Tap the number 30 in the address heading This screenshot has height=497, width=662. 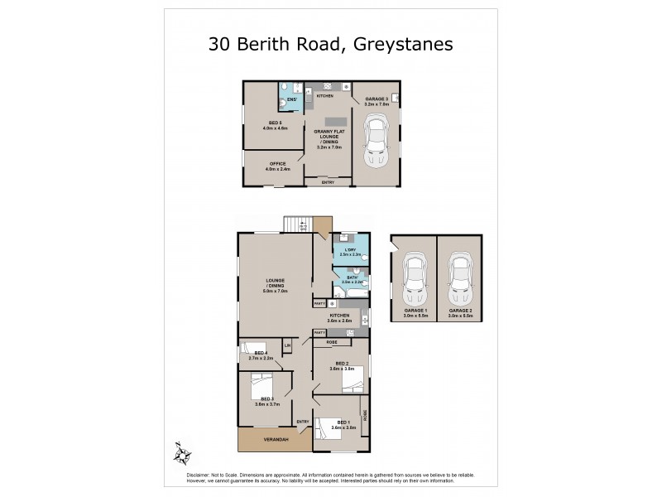(221, 44)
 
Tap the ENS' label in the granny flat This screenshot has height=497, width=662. (291, 101)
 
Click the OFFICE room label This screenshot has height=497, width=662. (277, 164)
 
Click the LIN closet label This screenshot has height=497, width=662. (288, 345)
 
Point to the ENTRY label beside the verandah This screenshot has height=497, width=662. (302, 422)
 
